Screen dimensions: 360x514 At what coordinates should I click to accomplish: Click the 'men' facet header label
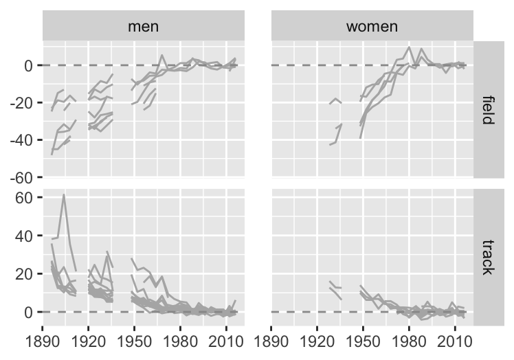coord(144,27)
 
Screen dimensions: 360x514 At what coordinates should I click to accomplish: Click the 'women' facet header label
coord(372,27)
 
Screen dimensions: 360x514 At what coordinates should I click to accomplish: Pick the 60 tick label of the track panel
coord(25,198)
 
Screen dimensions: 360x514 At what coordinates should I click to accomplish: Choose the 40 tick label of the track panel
coord(25,236)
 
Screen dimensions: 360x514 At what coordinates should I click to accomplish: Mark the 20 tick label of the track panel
coord(25,274)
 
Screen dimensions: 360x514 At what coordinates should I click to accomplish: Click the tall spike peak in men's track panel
coord(64,194)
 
